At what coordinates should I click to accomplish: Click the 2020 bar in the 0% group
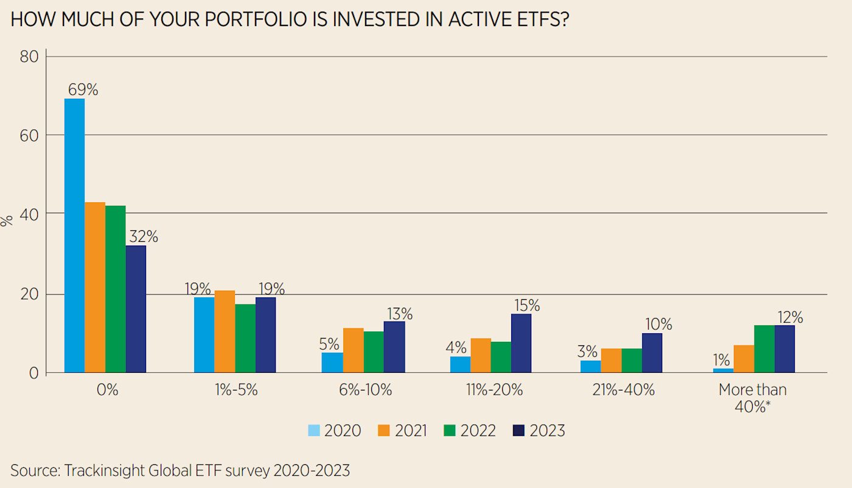(x=74, y=235)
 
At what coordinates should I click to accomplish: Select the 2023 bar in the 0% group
(x=136, y=309)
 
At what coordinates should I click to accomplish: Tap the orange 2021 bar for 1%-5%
(x=225, y=331)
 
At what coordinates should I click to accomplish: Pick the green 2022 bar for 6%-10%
(x=374, y=352)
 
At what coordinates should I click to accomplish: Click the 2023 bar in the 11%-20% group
(x=522, y=343)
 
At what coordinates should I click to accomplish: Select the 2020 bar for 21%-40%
(x=591, y=366)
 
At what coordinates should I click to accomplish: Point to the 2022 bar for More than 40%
(x=764, y=348)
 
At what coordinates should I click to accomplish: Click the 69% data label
(x=83, y=90)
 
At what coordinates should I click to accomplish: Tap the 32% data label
(x=143, y=236)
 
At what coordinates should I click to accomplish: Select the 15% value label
(x=526, y=305)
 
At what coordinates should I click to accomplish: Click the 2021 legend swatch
(x=383, y=431)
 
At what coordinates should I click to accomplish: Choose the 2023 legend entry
(x=539, y=431)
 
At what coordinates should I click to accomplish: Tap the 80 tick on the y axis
(x=30, y=57)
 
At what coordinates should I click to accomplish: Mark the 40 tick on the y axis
(x=30, y=214)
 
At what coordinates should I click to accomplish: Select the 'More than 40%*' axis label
(x=752, y=398)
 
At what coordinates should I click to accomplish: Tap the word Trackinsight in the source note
(x=102, y=470)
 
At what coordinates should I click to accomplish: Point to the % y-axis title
(x=7, y=221)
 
